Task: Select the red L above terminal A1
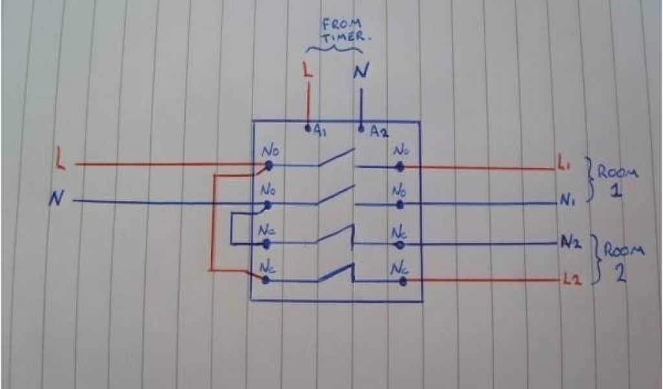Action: click(x=308, y=71)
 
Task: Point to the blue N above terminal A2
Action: click(x=360, y=71)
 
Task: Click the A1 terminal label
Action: click(x=320, y=130)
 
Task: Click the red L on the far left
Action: click(x=61, y=159)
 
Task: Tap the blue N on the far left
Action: click(x=56, y=200)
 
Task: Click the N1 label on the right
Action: click(x=567, y=201)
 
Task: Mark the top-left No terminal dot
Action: click(x=268, y=166)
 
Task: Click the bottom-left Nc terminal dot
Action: click(x=266, y=279)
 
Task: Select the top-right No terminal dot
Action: click(x=401, y=167)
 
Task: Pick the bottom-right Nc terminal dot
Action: click(x=402, y=281)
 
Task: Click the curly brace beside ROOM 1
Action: click(x=590, y=180)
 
